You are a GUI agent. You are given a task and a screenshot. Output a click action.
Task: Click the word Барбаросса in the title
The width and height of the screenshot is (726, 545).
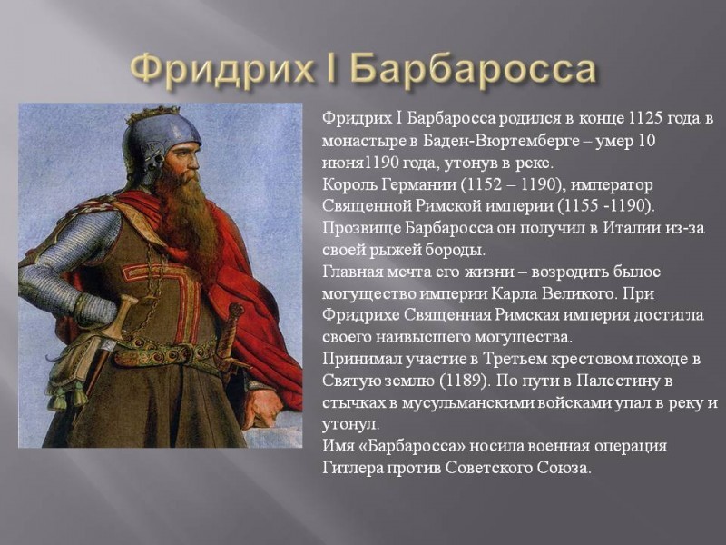point(472,69)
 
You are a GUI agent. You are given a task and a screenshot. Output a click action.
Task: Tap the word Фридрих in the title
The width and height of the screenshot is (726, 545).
point(221,69)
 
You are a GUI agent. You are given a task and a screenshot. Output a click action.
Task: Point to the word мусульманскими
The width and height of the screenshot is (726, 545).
point(467,403)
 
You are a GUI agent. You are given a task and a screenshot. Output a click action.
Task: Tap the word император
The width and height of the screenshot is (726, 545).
point(612,185)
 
